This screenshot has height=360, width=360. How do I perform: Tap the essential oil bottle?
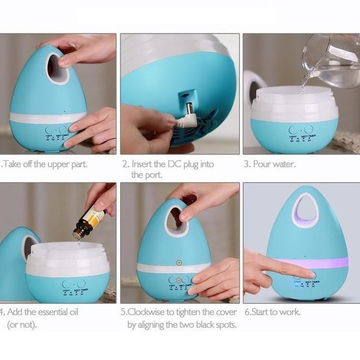coord(90,220)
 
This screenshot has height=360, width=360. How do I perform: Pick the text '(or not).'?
coord(22,324)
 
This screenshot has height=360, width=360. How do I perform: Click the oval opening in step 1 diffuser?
coord(57,66)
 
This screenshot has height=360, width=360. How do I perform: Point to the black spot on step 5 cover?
coord(179,262)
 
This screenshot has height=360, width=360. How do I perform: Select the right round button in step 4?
coord(81,284)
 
